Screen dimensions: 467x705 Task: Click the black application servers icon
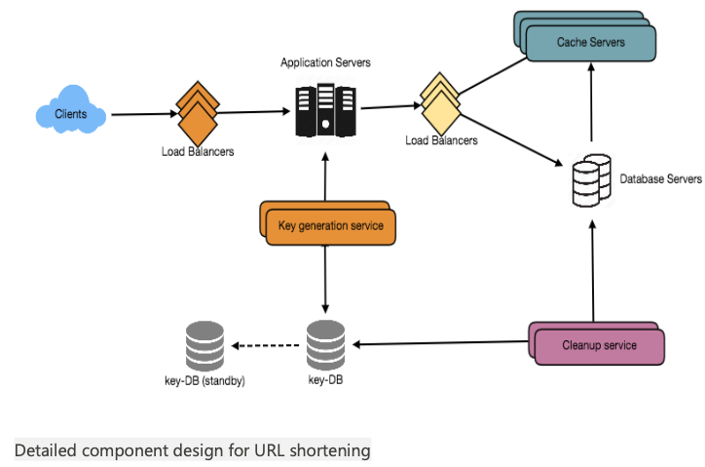tap(322, 109)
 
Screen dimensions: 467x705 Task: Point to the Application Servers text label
tap(325, 62)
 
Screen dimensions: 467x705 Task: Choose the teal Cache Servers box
tap(590, 42)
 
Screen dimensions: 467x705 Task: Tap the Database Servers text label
tap(660, 179)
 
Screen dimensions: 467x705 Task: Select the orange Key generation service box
tap(330, 226)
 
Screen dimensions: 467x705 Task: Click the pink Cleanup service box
tap(599, 345)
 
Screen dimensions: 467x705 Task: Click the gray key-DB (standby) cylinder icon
tap(204, 344)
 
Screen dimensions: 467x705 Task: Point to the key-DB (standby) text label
tap(204, 380)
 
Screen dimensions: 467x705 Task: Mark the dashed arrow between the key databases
tap(265, 344)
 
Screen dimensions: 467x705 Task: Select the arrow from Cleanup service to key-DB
tap(438, 342)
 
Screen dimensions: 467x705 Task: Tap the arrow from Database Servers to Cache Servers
tap(590, 107)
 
